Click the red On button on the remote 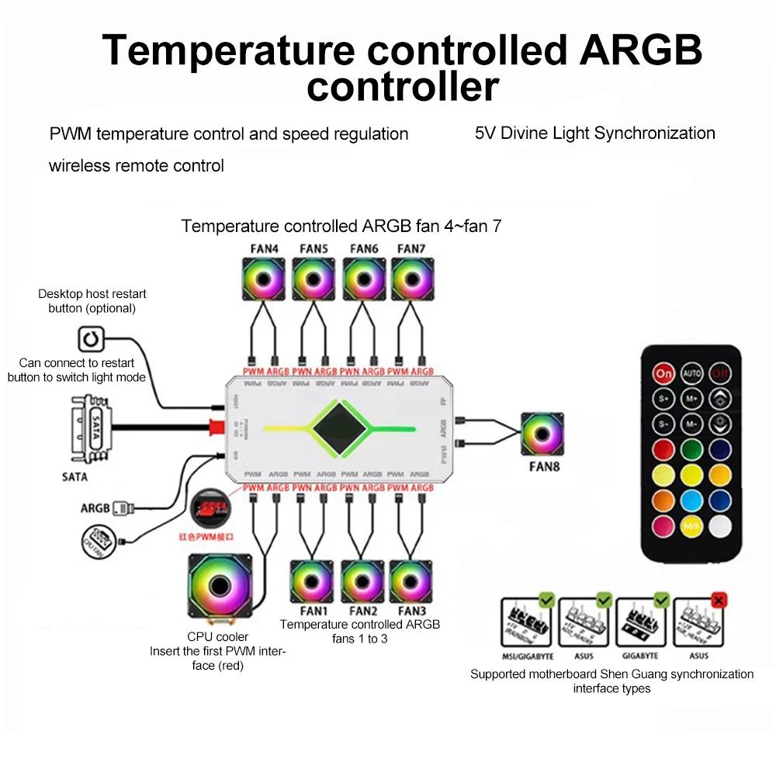click(663, 373)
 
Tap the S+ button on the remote click(663, 399)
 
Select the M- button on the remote click(691, 424)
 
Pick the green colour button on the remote click(691, 450)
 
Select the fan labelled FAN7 click(411, 279)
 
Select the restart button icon click(90, 339)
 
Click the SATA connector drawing click(91, 425)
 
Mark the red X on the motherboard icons click(719, 600)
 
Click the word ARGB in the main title click(638, 50)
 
